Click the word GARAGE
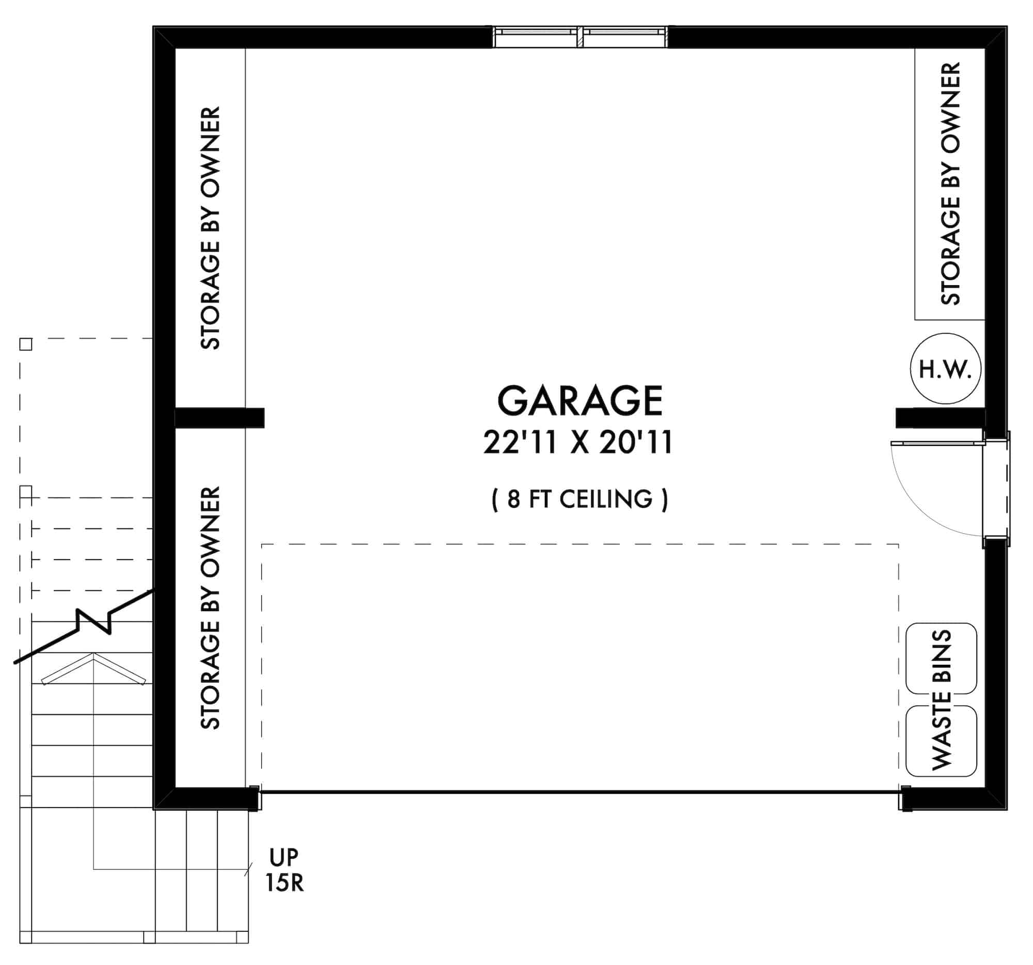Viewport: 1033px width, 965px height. point(580,401)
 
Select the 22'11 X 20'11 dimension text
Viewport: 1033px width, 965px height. point(578,443)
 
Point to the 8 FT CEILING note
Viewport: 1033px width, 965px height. point(580,500)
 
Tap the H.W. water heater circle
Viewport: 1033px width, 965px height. point(945,369)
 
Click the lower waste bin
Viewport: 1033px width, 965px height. point(941,741)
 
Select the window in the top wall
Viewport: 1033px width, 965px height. point(580,36)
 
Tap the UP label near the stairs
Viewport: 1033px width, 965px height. point(284,858)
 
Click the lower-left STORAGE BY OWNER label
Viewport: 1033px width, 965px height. point(210,608)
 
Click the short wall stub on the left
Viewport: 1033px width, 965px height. point(220,418)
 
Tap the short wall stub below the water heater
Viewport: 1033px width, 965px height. point(940,418)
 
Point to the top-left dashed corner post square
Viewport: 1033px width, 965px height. point(25,344)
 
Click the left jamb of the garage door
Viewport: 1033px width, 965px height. point(254,798)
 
